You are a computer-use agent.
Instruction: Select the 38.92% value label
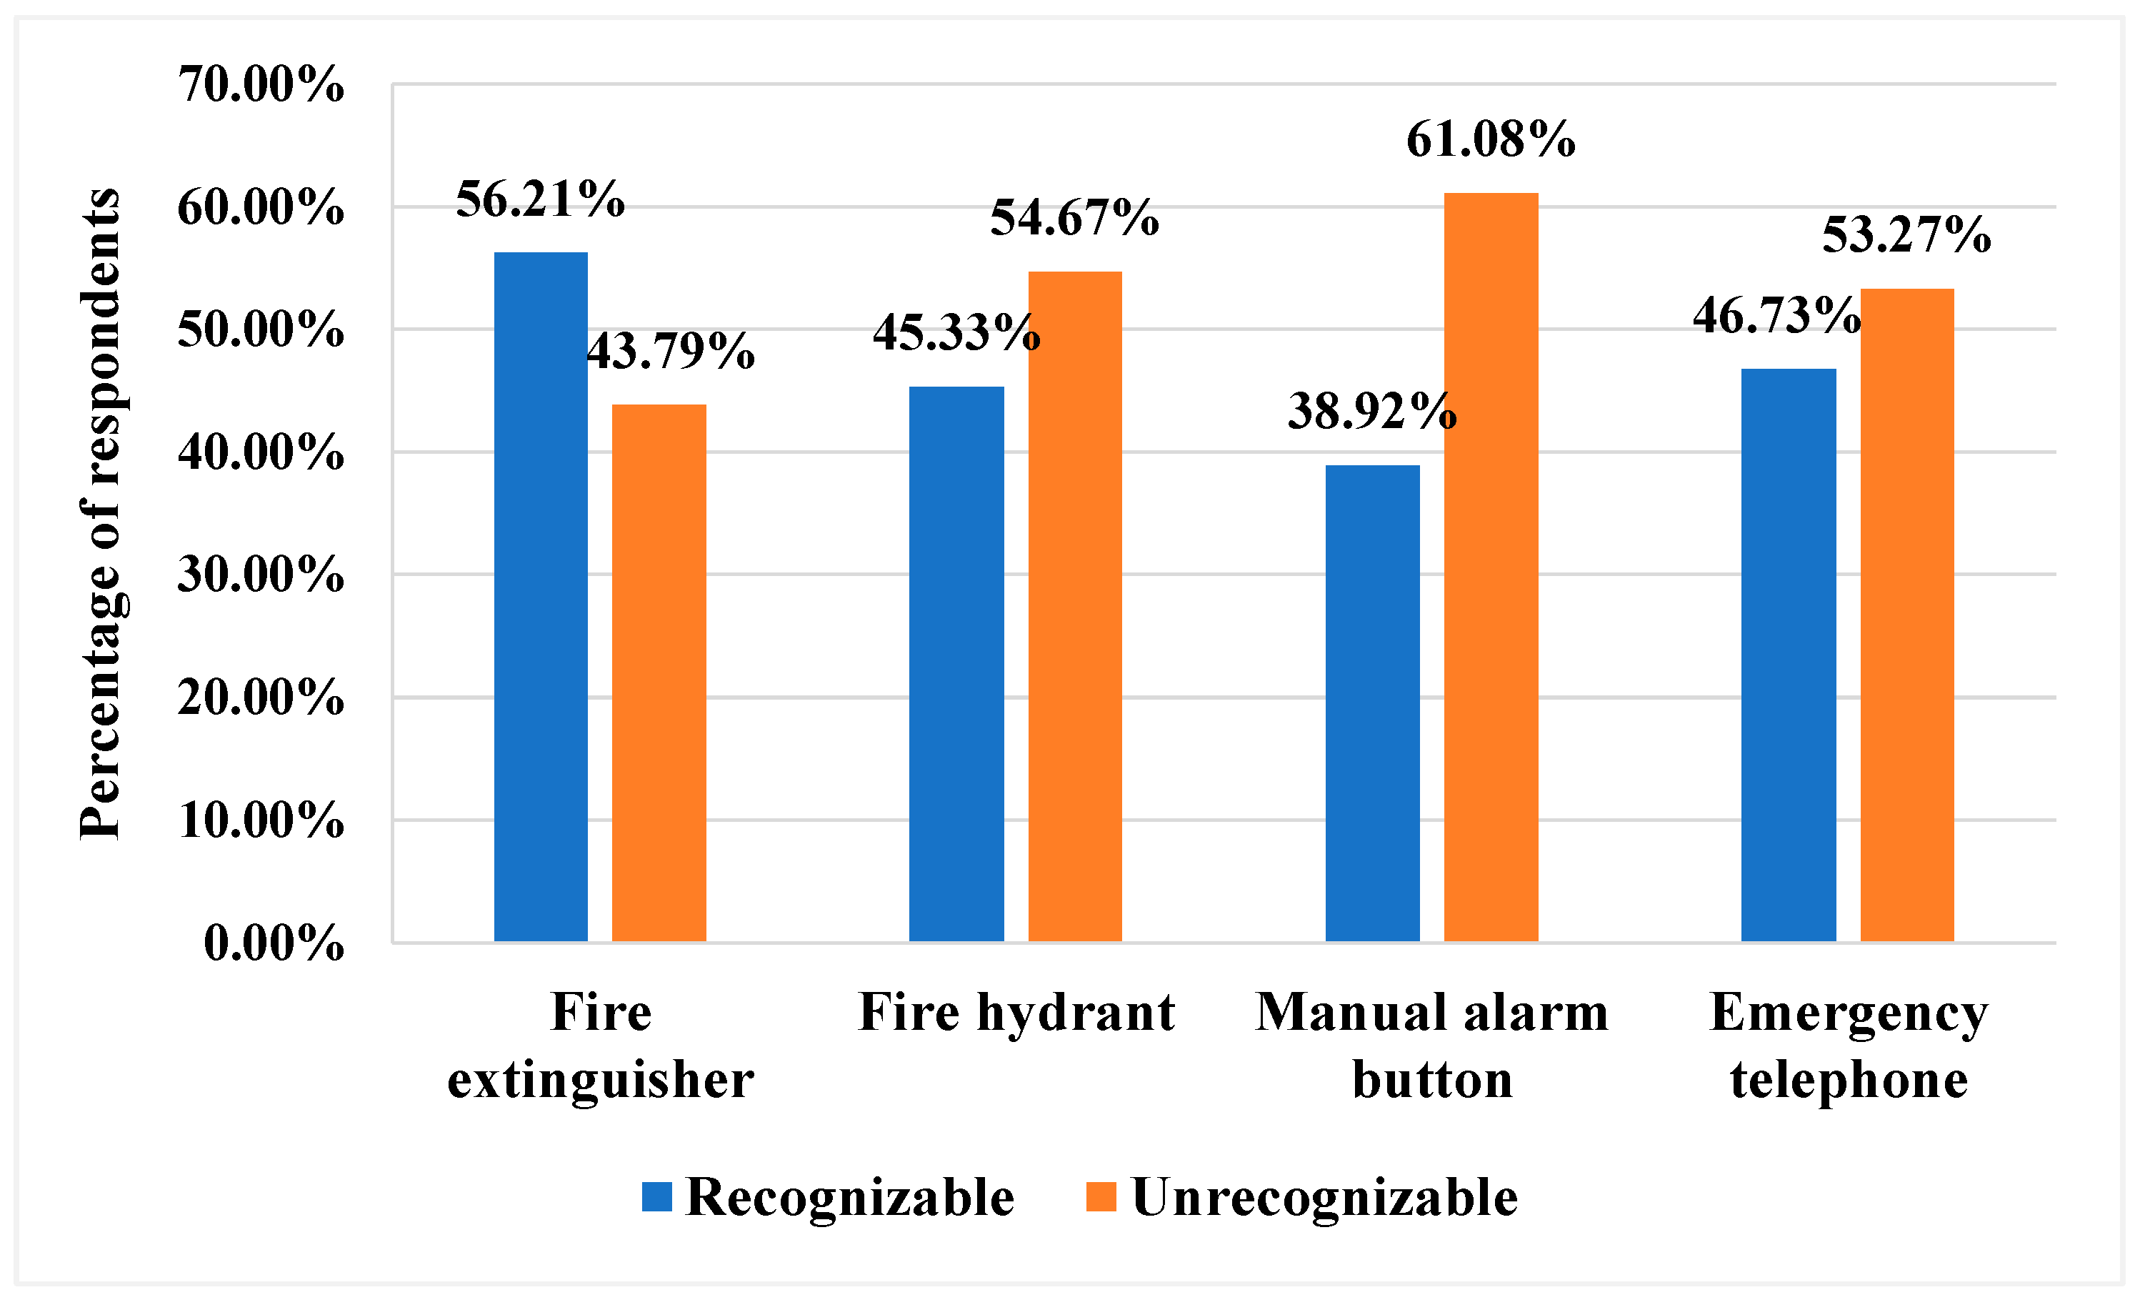(1371, 411)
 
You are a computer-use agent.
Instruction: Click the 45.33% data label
(956, 333)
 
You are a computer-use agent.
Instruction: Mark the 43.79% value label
(671, 351)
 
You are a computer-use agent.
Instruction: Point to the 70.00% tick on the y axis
(261, 85)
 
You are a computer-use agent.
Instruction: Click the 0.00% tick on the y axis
(274, 943)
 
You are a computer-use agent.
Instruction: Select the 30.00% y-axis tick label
(261, 575)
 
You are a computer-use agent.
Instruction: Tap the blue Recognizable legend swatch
(656, 1196)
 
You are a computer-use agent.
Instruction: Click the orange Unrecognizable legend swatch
(1101, 1196)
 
